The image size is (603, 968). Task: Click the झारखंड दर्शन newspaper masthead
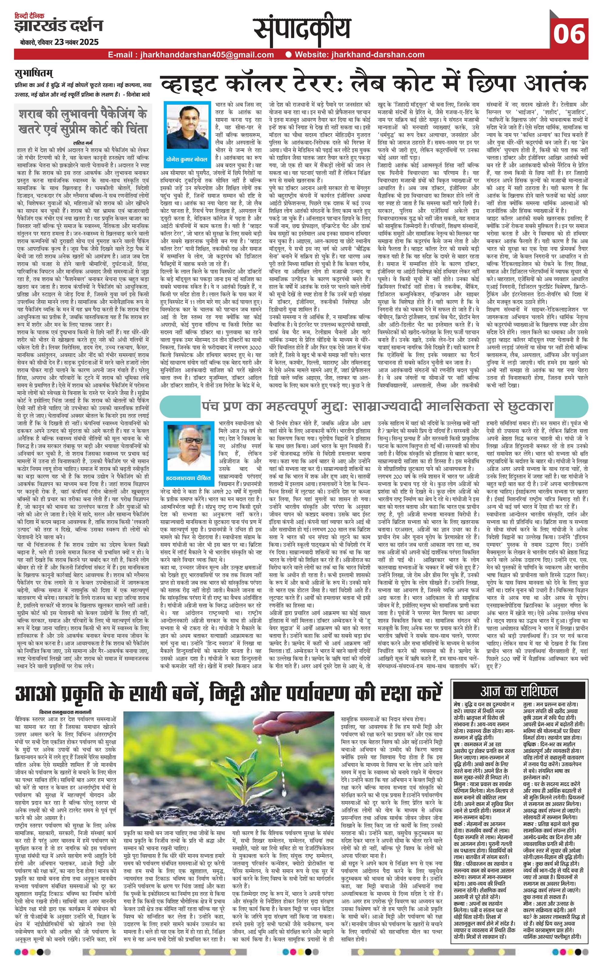58,25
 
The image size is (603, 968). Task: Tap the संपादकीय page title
303,30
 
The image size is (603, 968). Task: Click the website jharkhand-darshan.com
379,55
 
